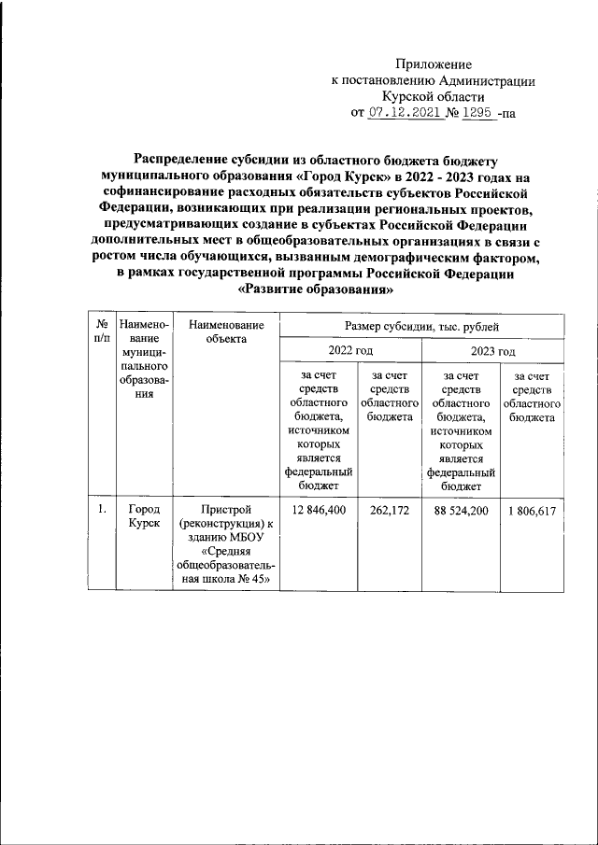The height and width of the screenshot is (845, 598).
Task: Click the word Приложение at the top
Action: [434, 64]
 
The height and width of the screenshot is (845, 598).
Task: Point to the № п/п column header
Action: [98, 331]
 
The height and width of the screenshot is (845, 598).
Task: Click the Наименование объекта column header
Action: [226, 331]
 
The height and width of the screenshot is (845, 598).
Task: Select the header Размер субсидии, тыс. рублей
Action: [421, 327]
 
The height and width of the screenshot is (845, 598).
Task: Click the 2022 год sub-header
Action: [350, 351]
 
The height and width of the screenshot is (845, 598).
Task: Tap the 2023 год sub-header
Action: [492, 351]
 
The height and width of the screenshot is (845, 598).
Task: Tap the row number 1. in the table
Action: [98, 510]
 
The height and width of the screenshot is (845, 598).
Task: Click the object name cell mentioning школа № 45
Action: [226, 544]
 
